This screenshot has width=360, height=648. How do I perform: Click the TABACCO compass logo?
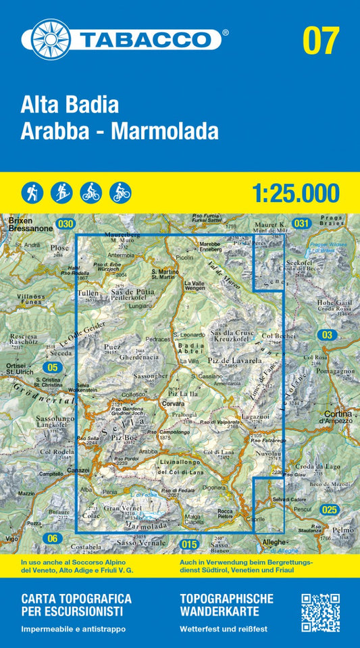point(51,39)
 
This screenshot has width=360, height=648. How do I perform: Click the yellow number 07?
point(320,41)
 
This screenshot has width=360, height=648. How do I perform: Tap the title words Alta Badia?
point(70,105)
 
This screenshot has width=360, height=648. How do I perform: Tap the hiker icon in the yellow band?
point(32,193)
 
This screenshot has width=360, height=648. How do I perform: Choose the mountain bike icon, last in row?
point(120,193)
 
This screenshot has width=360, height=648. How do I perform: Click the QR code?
point(319,612)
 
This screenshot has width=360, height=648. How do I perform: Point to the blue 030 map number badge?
point(66,224)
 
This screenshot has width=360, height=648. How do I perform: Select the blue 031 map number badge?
point(301,224)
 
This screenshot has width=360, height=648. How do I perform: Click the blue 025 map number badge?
point(329,509)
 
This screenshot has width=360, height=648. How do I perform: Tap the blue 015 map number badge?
point(190,544)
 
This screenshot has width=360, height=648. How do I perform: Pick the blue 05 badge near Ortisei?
point(51,367)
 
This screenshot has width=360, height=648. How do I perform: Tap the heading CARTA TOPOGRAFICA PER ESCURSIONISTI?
point(76,605)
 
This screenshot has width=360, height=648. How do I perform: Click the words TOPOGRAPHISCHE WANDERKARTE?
point(227,605)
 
